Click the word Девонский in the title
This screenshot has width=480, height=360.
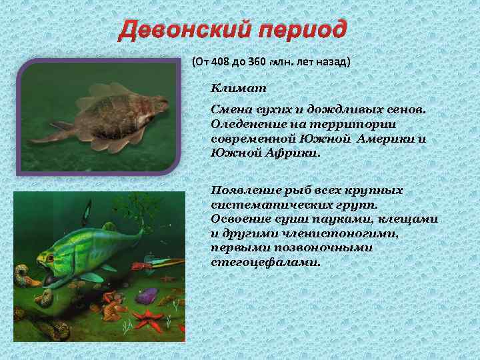tap(185, 30)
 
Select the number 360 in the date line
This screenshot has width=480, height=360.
tap(256, 62)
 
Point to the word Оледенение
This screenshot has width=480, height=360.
tap(244, 124)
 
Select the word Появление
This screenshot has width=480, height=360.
tap(241, 190)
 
